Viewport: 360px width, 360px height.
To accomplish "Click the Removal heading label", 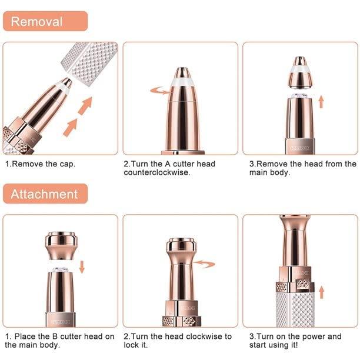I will (36, 22).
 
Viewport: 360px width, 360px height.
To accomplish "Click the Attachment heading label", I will (45, 194).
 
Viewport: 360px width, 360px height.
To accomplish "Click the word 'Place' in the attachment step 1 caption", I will (28, 336).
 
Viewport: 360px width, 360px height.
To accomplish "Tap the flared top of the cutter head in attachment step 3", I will (295, 224).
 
